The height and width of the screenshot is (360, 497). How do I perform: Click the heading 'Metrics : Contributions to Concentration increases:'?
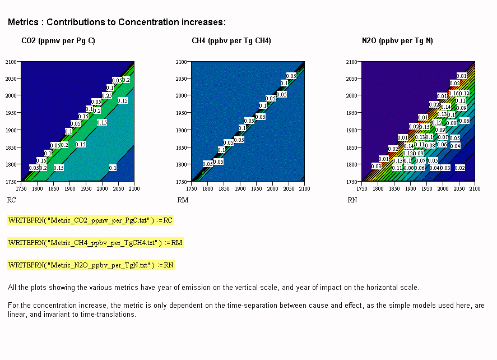click(x=117, y=22)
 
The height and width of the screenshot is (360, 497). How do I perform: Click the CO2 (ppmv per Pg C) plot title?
click(x=58, y=41)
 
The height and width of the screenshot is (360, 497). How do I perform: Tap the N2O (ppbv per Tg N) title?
click(x=397, y=41)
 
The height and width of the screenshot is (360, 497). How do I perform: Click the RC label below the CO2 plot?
click(x=11, y=200)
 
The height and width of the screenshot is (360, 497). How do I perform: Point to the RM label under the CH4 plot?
click(x=183, y=200)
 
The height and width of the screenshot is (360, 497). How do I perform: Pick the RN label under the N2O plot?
click(x=352, y=200)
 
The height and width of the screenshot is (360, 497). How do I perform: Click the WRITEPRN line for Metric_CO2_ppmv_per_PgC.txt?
click(x=90, y=220)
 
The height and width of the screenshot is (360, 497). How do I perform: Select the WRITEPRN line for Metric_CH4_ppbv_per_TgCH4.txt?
click(x=95, y=242)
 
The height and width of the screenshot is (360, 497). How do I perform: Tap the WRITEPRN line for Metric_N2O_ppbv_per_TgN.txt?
click(x=91, y=264)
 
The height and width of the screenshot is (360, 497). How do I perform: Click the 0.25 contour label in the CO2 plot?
click(x=107, y=95)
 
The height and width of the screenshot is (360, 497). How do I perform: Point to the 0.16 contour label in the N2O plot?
click(x=453, y=94)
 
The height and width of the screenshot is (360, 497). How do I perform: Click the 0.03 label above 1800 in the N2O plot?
click(x=376, y=167)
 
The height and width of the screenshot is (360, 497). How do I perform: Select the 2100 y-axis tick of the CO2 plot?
click(x=12, y=62)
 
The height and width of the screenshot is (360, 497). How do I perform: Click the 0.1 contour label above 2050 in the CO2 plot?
click(x=113, y=168)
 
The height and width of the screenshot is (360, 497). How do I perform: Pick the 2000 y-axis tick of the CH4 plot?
click(x=182, y=96)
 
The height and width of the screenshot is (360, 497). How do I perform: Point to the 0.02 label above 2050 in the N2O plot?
click(x=459, y=168)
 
